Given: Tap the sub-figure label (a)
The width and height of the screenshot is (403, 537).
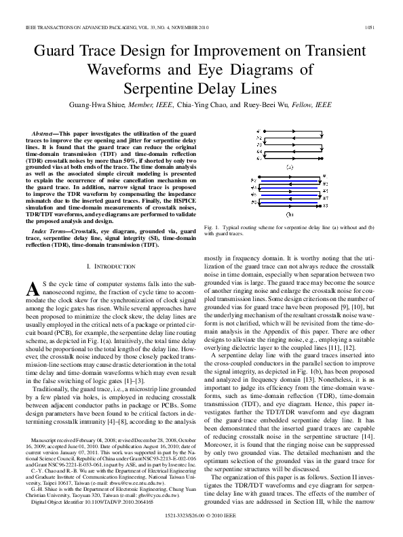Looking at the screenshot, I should click(x=290, y=166).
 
